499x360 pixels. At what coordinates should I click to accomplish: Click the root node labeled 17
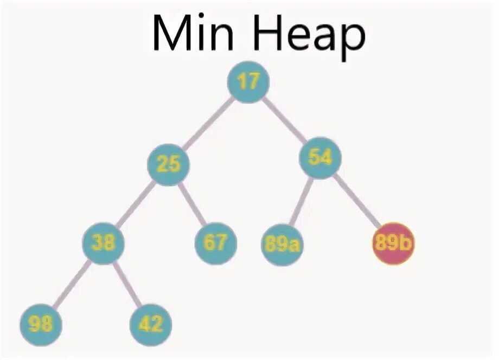click(248, 82)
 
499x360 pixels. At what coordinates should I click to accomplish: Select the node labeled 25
click(168, 164)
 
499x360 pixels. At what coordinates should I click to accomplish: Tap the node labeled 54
click(321, 157)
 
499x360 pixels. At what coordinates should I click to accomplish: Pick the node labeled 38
click(103, 243)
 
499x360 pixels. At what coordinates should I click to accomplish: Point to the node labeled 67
click(216, 243)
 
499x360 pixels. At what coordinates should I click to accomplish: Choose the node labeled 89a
click(282, 245)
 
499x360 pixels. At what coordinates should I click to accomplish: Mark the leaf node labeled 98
click(41, 325)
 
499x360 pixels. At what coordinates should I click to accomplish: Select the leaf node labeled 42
click(151, 325)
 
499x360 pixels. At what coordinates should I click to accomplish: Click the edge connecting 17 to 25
click(208, 123)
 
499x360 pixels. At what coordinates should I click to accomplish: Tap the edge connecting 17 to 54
click(284, 119)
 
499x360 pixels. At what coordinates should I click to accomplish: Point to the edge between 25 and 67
click(192, 203)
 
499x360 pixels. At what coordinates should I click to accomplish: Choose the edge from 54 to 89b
click(357, 201)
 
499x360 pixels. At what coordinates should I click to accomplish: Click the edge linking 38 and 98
click(72, 284)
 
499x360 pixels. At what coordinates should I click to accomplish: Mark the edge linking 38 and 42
click(127, 284)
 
